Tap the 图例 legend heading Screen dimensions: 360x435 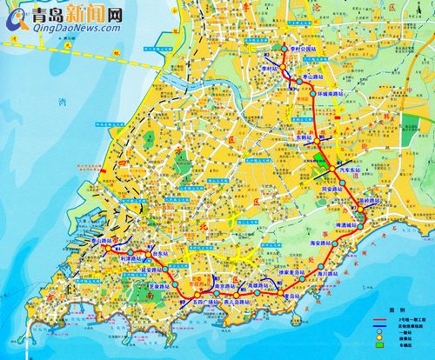tap(395, 310)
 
